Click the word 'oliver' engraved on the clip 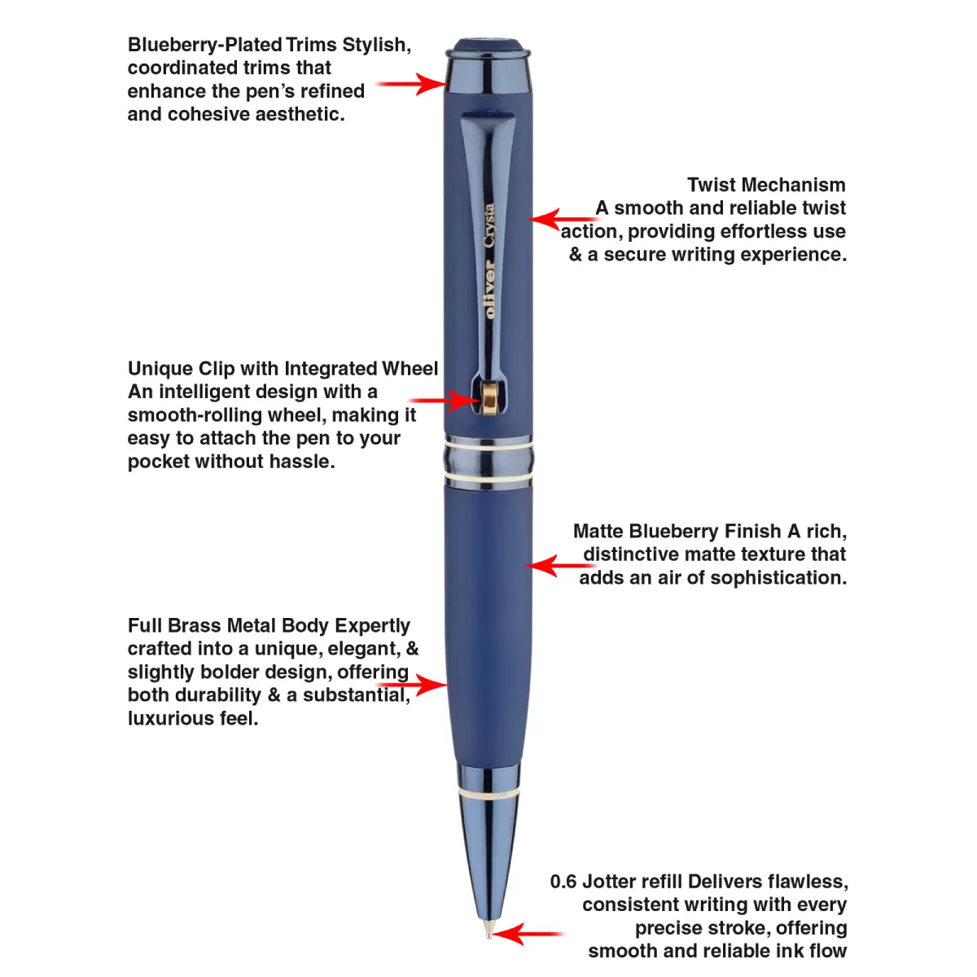tap(489, 289)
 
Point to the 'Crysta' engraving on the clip tap(489, 226)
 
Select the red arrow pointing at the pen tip tap(525, 934)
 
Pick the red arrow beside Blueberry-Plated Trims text tap(411, 83)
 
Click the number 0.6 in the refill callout tap(563, 882)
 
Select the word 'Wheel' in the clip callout tap(410, 369)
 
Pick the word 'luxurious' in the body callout tap(168, 719)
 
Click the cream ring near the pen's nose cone tap(488, 791)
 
